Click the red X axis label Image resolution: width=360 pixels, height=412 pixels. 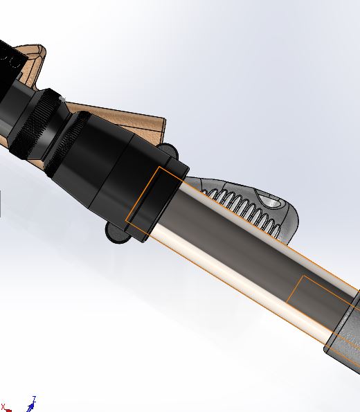pos(3,407)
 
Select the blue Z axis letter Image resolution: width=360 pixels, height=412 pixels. pos(34,398)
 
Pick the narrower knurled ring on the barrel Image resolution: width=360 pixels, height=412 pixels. pos(67,143)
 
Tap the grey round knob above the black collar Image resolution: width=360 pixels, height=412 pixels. pos(168,151)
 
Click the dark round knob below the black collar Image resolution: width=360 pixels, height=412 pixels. pos(116,233)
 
